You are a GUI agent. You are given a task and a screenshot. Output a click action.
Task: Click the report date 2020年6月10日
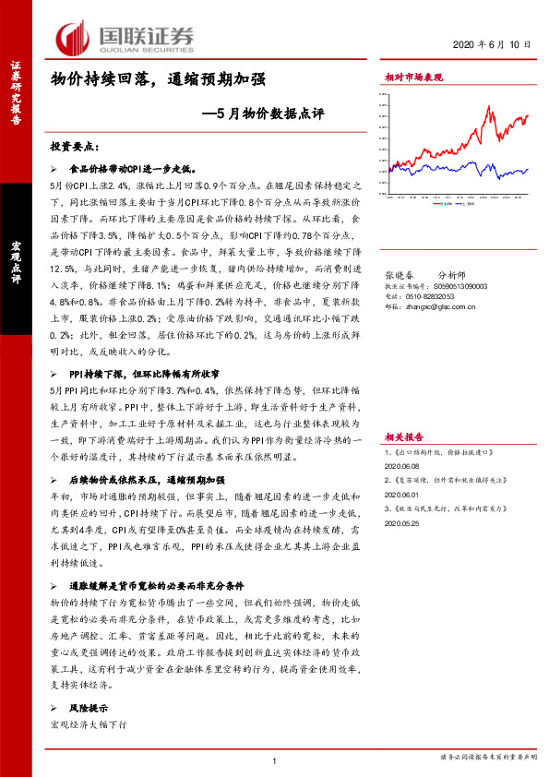click(494, 45)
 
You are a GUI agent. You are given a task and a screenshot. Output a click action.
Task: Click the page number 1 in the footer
click(275, 759)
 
